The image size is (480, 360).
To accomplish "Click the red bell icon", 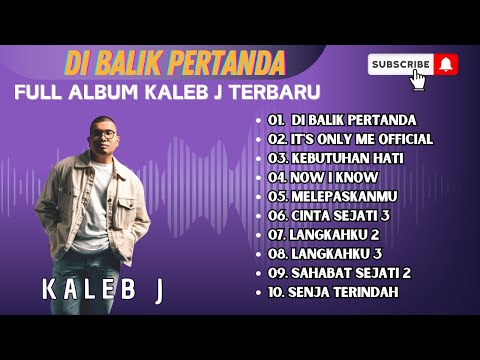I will tap(446, 64).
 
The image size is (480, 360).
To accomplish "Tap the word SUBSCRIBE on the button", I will tap(400, 64).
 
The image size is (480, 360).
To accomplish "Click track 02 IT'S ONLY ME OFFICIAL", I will tap(350, 139).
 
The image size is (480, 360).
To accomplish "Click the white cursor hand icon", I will tap(418, 78).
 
